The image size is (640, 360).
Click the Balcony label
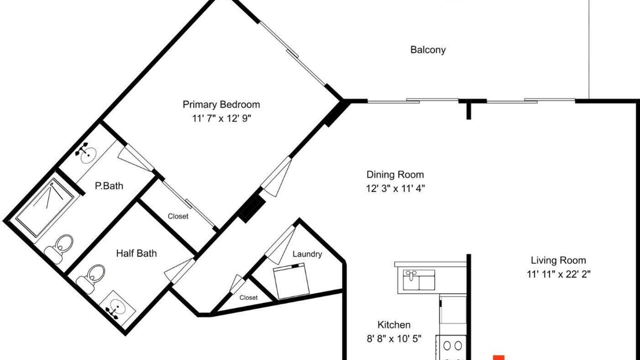click(x=427, y=49)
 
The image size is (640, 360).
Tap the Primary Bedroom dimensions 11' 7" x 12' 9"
click(x=221, y=118)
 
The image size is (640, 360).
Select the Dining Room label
click(x=395, y=174)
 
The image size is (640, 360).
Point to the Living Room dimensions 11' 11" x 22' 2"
click(x=558, y=274)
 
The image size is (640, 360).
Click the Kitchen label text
click(x=394, y=325)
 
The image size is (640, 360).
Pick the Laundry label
click(x=307, y=254)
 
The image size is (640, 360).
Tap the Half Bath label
click(x=136, y=253)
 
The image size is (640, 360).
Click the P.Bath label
click(x=109, y=186)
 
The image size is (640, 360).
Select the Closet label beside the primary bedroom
click(x=177, y=216)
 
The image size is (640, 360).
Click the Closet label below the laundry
click(x=248, y=297)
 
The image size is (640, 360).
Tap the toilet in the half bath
click(x=90, y=278)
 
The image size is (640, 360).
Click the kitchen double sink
click(x=419, y=279)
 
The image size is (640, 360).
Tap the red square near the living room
click(x=499, y=357)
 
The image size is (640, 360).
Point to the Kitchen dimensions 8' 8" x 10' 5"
click(x=394, y=339)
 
